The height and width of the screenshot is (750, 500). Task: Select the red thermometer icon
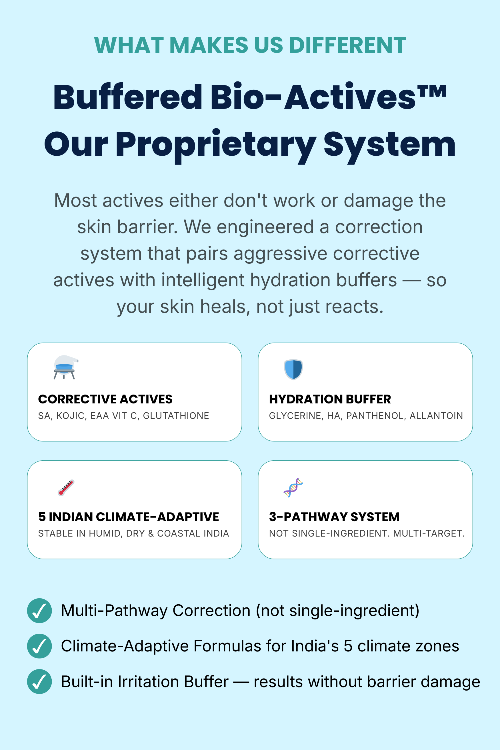[66, 487]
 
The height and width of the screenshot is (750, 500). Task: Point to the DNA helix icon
[293, 487]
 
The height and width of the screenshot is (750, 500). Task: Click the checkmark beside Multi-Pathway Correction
[39, 611]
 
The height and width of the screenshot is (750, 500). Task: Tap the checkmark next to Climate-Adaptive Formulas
[39, 646]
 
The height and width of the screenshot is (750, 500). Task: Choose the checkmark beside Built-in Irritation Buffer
[39, 681]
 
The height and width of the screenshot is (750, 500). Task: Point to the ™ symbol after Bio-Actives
[432, 92]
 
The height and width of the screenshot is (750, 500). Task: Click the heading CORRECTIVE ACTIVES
[105, 399]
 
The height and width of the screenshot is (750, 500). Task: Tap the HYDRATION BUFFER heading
[330, 399]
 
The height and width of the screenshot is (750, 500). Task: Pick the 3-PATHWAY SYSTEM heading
[334, 517]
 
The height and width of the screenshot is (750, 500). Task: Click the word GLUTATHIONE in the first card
[176, 415]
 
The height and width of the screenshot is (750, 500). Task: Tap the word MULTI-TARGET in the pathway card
[429, 533]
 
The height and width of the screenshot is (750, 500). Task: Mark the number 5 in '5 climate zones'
[348, 646]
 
